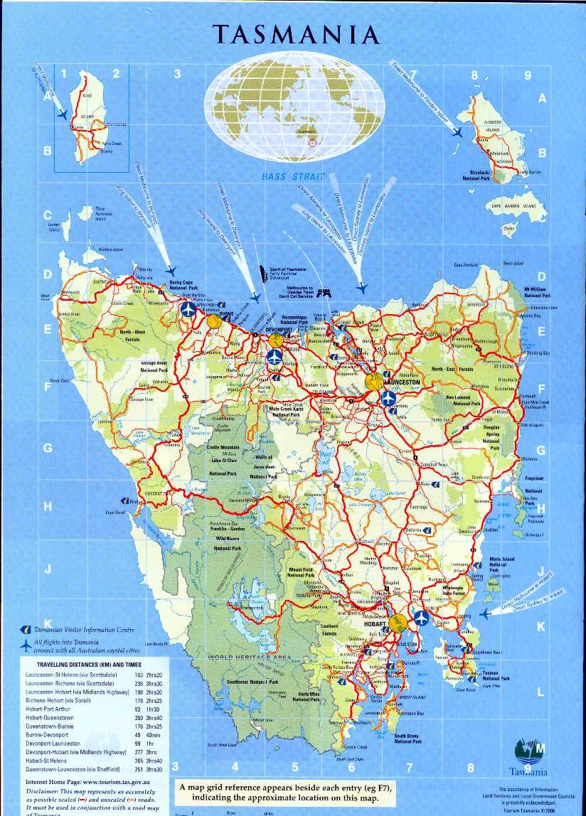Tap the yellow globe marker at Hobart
click(x=399, y=623)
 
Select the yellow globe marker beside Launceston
click(x=373, y=381)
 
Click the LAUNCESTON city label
click(x=402, y=382)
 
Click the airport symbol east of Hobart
click(x=421, y=616)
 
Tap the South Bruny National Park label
click(x=410, y=739)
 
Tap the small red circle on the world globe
click(x=310, y=144)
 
